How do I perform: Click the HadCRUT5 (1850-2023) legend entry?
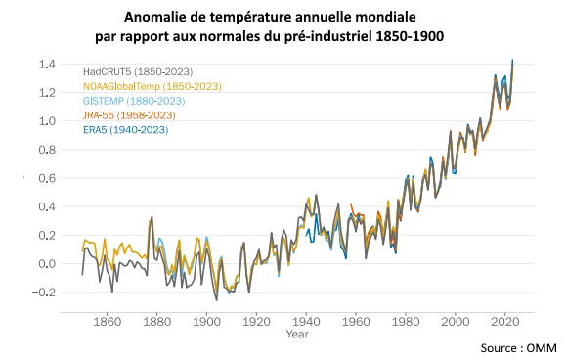coord(137,72)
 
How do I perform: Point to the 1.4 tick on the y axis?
coord(46,65)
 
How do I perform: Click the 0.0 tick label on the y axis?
coord(46,264)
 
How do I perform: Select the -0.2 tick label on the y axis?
coord(44,292)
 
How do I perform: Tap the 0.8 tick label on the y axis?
coord(46,151)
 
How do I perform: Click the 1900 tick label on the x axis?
coord(206,320)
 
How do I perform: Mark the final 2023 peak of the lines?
coord(513,60)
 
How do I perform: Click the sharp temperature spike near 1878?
coord(152,217)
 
